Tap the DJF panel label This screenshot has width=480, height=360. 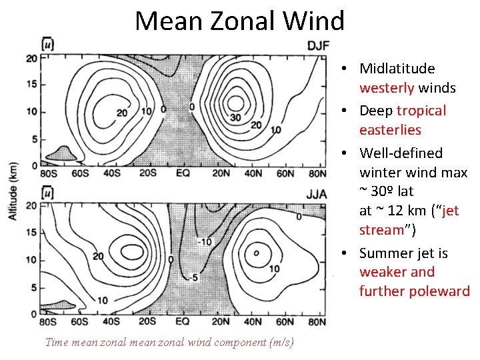(317, 45)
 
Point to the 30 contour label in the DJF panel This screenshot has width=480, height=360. (235, 117)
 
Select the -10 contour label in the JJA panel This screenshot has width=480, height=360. (204, 241)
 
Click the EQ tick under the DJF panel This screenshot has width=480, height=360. (182, 173)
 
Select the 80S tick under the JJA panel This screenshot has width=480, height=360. (49, 322)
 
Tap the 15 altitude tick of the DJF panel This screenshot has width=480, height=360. (30, 85)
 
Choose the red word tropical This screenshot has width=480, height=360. (421, 111)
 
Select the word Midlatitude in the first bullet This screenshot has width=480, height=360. (397, 69)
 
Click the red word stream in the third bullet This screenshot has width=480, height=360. (381, 230)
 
